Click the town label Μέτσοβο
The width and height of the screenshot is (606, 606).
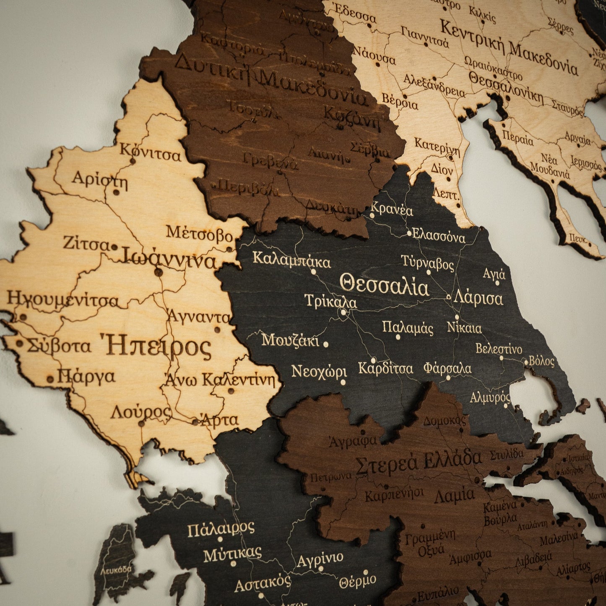point(199,233)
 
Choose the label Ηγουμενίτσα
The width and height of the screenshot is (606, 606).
point(63,299)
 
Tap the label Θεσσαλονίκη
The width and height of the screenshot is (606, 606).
point(506,88)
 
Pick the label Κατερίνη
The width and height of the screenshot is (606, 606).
point(437,146)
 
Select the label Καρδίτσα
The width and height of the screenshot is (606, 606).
point(385,369)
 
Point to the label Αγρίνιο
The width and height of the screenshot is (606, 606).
point(320,559)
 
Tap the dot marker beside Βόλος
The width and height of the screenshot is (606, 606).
point(526,362)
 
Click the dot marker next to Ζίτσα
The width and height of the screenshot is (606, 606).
point(114,247)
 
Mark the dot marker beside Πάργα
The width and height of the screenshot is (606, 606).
point(50,379)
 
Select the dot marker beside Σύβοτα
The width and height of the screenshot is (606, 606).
point(19,343)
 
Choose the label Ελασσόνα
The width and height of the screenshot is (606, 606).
point(439,236)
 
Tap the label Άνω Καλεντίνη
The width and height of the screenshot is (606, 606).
point(220,380)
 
